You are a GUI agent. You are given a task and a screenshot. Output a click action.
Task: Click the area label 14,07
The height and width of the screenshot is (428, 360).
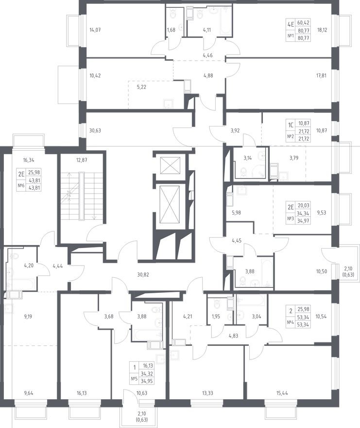[95, 30]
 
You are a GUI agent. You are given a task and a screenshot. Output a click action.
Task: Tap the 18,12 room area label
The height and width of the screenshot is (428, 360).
[322, 30]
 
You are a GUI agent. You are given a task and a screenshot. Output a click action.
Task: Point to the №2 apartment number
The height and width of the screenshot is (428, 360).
[291, 137]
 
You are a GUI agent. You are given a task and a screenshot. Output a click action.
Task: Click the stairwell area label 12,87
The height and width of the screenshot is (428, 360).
[82, 160]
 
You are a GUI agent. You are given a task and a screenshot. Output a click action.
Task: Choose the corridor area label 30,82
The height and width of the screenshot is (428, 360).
[143, 275]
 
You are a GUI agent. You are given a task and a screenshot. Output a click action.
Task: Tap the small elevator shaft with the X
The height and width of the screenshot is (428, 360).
[170, 165]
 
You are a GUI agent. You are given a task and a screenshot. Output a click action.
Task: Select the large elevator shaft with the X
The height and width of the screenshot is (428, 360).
[170, 204]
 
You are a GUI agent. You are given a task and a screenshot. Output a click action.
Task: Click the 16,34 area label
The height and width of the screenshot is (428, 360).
[29, 160]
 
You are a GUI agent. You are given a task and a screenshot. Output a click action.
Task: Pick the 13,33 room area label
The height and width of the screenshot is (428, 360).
[208, 393]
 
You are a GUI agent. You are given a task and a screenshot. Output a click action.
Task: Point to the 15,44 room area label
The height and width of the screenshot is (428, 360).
[282, 393]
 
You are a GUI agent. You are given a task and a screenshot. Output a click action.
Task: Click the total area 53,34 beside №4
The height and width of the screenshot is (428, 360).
[304, 324]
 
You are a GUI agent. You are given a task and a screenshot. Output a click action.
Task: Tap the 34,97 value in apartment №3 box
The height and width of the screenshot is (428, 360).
[304, 220]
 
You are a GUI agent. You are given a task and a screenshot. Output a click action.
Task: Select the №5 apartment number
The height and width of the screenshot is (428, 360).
[134, 378]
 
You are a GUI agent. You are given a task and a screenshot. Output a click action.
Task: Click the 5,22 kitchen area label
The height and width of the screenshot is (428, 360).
[141, 88]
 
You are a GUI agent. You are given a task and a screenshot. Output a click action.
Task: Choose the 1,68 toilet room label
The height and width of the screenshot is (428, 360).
[171, 30]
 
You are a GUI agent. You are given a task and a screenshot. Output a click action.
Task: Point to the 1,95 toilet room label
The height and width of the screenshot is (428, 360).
[216, 317]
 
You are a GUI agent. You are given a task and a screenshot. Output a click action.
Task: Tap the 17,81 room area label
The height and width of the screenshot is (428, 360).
[321, 75]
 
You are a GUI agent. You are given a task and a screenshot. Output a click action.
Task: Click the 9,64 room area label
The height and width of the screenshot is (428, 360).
[28, 393]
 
